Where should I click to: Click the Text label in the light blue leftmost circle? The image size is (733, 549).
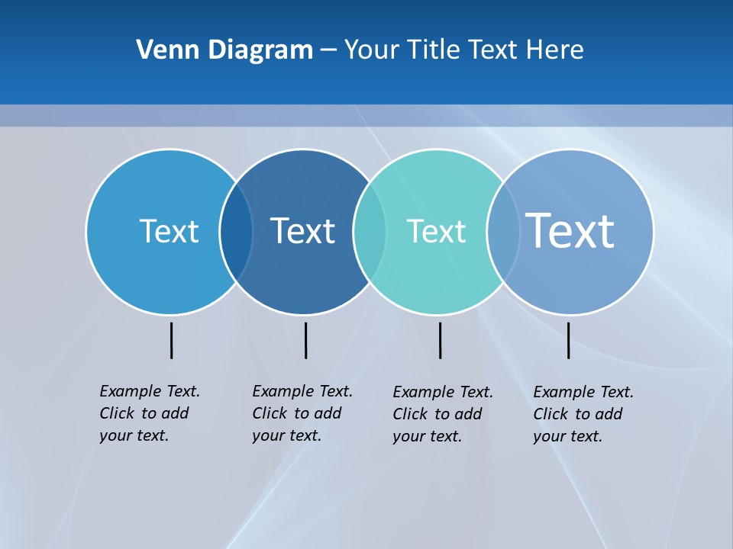pos(169,231)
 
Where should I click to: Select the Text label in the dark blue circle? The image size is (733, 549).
pos(302,231)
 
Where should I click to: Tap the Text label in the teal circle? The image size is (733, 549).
pos(436,231)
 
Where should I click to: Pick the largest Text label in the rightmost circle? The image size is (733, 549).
pos(570,230)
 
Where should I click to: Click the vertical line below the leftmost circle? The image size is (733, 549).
pos(171,340)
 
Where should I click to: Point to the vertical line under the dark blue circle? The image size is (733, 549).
pos(305,340)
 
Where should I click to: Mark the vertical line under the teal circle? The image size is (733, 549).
pos(440,340)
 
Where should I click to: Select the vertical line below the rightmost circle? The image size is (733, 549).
pos(568,340)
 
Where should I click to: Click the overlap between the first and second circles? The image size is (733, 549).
pos(236,232)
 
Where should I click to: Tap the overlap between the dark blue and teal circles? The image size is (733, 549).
pos(370,232)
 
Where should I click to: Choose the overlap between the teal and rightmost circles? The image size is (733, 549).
pos(503,232)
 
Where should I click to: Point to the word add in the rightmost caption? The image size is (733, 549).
pos(609,414)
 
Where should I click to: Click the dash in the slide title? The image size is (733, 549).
pos(328,50)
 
